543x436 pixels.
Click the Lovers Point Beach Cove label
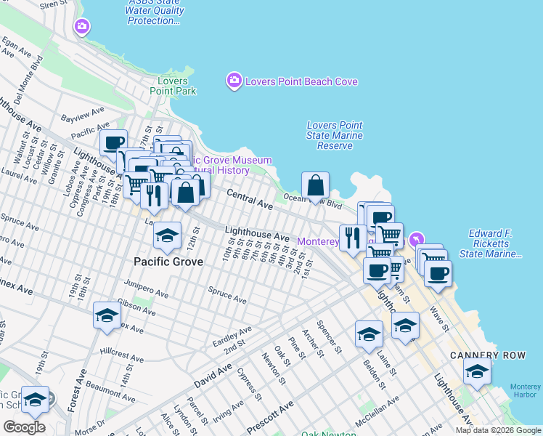tap(301, 81)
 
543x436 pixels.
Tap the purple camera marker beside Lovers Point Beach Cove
tap(234, 81)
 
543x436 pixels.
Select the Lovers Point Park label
tap(173, 86)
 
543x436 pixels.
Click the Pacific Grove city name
tap(168, 261)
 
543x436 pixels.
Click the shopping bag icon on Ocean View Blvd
tap(316, 186)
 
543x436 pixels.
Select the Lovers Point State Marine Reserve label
tap(335, 136)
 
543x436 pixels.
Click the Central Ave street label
tap(250, 200)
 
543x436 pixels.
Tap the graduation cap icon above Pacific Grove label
tap(167, 235)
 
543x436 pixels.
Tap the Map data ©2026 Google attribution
tap(498, 430)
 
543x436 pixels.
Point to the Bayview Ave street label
tap(77, 116)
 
